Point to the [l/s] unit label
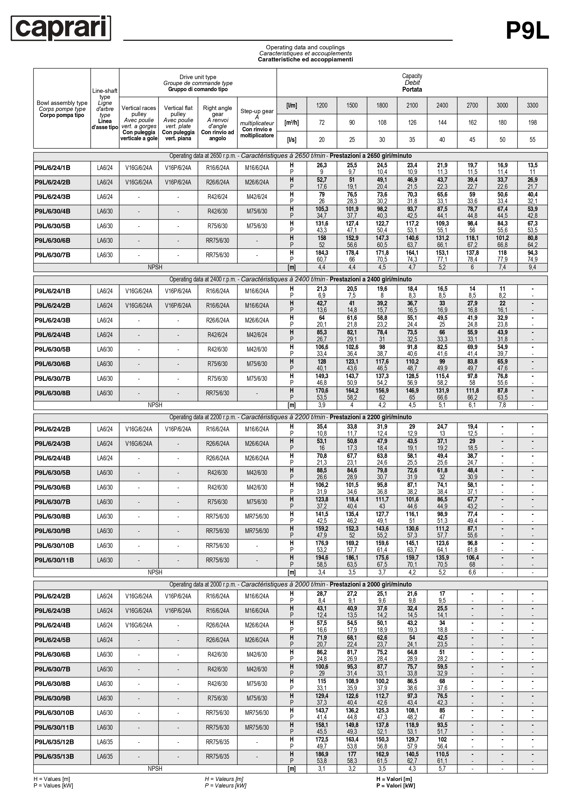point(291,140)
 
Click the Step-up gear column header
point(257,123)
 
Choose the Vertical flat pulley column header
point(178,123)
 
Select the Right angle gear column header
point(217,123)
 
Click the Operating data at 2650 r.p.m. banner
point(290,156)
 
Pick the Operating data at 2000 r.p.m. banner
point(290,584)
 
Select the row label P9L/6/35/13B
point(54,757)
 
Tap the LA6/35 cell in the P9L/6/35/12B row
point(105,742)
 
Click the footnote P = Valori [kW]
point(395,786)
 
